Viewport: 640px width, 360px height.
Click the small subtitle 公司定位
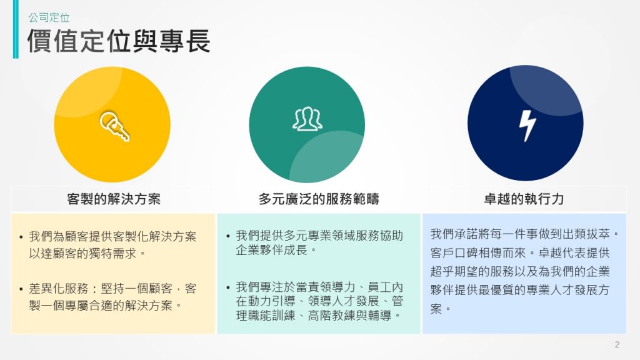[49, 17]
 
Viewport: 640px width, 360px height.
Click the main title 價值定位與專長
[119, 41]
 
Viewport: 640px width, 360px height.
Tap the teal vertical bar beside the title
[16, 29]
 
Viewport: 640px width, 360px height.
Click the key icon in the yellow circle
[115, 126]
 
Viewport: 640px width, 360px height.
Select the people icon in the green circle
[307, 119]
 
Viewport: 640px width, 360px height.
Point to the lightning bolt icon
[527, 126]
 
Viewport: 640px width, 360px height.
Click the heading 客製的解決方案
[114, 199]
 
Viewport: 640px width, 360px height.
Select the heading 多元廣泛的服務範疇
[319, 199]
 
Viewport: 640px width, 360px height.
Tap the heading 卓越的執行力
[524, 199]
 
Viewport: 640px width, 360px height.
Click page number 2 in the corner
[617, 344]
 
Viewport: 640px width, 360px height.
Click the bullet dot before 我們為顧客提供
[21, 237]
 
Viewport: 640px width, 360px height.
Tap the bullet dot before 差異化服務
[21, 289]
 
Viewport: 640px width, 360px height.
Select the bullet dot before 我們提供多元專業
[227, 236]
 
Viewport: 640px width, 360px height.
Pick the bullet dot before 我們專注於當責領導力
[227, 287]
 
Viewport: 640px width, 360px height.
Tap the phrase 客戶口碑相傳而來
[478, 253]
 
